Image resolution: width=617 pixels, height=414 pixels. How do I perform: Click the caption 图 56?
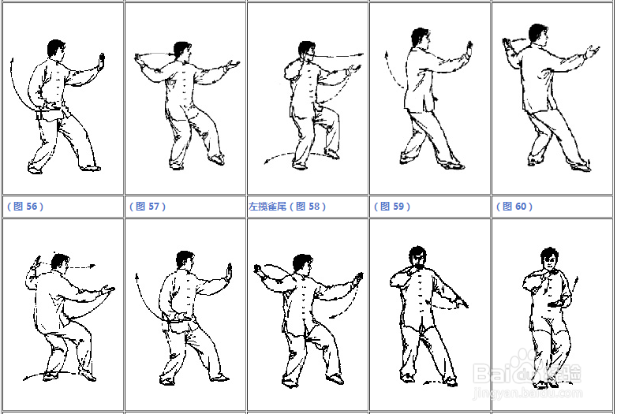coord(25,207)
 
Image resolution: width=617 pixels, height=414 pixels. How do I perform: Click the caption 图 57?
coord(148,207)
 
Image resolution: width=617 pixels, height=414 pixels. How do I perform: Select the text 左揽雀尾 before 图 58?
coord(267,207)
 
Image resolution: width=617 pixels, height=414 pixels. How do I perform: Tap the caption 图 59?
coord(392,207)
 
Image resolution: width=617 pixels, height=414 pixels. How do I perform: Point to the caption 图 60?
coord(514,207)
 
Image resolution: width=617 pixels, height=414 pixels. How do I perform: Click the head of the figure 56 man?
coord(56,48)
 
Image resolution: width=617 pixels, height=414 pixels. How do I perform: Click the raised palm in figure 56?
coord(102,62)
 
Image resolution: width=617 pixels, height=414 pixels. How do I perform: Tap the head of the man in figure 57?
coord(182,50)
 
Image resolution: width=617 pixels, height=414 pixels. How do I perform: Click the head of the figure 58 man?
coord(307,50)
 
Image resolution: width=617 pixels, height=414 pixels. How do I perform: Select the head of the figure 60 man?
coord(538,33)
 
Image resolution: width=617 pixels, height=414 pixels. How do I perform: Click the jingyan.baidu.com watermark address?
coord(528,393)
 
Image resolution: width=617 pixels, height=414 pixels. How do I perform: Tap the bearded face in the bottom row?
coord(418,258)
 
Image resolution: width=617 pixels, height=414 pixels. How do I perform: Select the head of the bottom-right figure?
coord(549,258)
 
